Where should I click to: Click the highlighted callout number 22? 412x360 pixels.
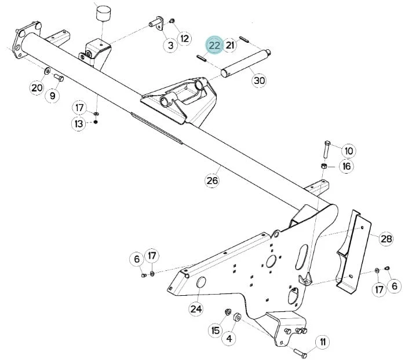coord(214,45)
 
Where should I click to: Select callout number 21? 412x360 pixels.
coord(230,45)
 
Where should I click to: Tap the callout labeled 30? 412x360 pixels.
coord(259,80)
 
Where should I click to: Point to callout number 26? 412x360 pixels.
coord(212,180)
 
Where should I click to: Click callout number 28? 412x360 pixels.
coord(387,239)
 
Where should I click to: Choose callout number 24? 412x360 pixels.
coord(196,309)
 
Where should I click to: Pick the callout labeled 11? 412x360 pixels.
coord(323,342)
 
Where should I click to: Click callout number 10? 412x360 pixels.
coord(349,151)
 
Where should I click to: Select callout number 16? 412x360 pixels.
coord(347,166)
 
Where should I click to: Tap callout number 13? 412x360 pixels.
coord(79,124)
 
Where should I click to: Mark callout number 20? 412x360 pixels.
coord(37,87)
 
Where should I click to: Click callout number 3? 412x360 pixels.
coord(170,45)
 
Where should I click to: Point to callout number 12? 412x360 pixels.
coord(185,39)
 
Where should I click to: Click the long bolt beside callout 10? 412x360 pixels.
coord(327,149)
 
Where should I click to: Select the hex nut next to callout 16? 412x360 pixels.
coord(325,166)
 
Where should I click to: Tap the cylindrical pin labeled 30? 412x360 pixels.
coord(246,63)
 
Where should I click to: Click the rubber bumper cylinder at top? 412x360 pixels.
coord(103,14)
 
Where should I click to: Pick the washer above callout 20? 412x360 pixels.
coord(48,71)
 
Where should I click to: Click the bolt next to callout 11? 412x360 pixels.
coord(300,352)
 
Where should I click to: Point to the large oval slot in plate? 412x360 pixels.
coord(302,257)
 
